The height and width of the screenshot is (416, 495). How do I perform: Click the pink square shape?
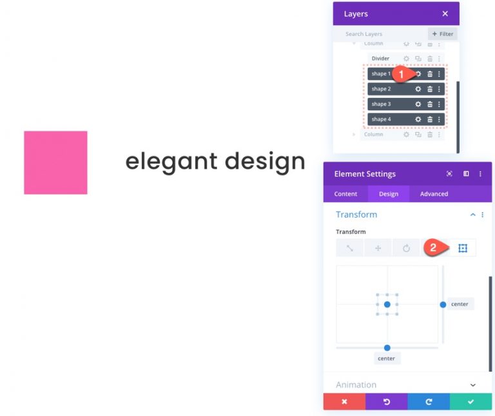[55, 162]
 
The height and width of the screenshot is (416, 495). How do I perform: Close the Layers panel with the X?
[445, 14]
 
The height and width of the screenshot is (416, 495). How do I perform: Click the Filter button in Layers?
[443, 34]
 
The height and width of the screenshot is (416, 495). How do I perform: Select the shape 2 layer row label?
[381, 89]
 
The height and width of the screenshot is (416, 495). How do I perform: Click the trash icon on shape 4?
[430, 119]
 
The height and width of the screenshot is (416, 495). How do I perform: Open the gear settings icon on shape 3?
[418, 104]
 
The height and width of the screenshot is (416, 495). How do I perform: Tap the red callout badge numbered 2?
[433, 247]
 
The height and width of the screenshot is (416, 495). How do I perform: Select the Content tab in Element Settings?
[345, 194]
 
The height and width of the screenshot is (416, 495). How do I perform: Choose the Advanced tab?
[434, 194]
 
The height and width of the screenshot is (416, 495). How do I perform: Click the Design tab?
[389, 194]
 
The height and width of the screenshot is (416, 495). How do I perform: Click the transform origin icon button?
[462, 248]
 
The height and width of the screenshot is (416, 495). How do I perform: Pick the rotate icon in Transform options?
[406, 248]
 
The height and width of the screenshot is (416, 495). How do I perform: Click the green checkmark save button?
[471, 402]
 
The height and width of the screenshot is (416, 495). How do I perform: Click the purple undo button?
[387, 402]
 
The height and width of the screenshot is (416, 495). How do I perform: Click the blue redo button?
[429, 402]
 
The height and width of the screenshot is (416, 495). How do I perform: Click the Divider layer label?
[380, 59]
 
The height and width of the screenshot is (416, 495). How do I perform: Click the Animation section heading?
[356, 385]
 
